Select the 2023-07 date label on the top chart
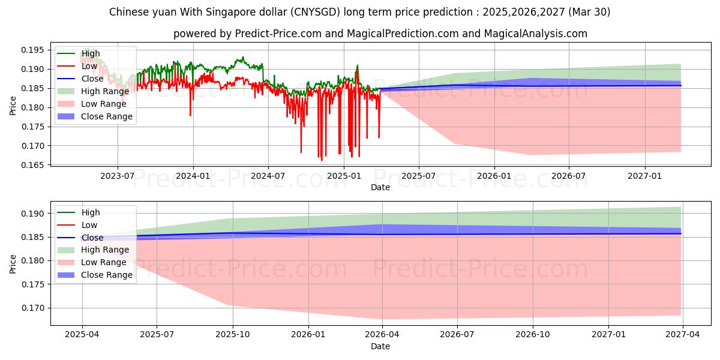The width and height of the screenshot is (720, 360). pyautogui.click(x=117, y=176)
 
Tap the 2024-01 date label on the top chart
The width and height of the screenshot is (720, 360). pyautogui.click(x=193, y=176)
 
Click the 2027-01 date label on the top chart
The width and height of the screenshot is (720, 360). pyautogui.click(x=644, y=176)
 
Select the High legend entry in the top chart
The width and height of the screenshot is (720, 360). pyautogui.click(x=91, y=53)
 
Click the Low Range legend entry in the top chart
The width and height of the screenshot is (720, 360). pyautogui.click(x=104, y=104)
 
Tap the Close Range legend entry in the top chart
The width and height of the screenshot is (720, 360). pyautogui.click(x=107, y=116)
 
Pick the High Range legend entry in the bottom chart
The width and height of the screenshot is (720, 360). pyautogui.click(x=104, y=250)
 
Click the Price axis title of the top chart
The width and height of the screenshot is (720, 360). pyautogui.click(x=13, y=106)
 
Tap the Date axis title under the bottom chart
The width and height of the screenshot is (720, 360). pyautogui.click(x=380, y=346)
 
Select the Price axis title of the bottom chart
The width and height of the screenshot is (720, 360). pyautogui.click(x=13, y=264)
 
